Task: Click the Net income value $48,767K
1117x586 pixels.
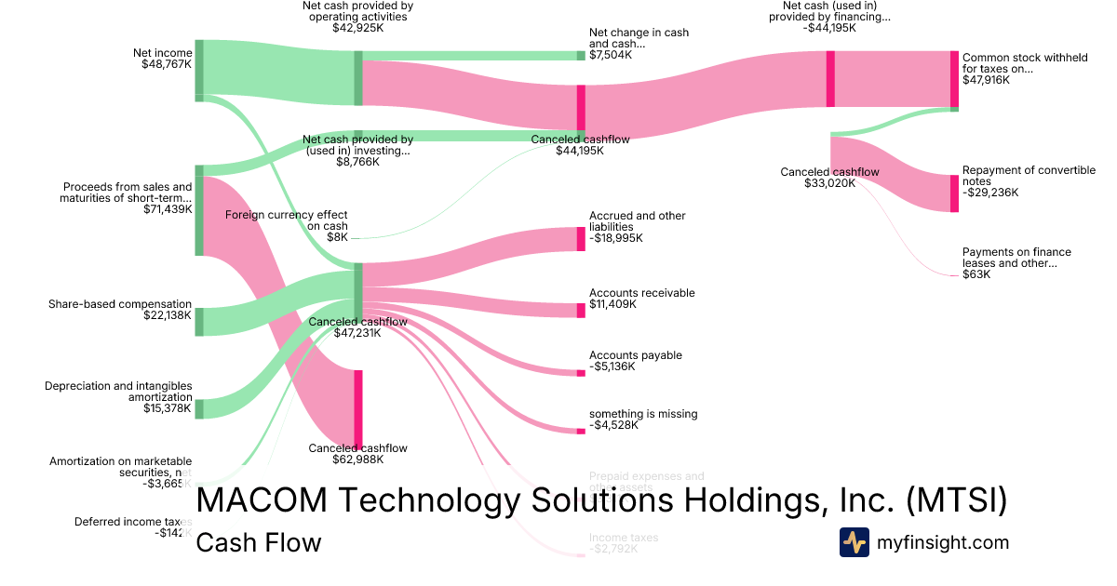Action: point(167,64)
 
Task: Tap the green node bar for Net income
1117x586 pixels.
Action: point(199,70)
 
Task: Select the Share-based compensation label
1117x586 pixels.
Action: point(120,304)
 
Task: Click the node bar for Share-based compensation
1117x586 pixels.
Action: point(199,321)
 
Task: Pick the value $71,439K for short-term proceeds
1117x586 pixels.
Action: point(167,209)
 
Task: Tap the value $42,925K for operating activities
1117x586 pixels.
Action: point(357,28)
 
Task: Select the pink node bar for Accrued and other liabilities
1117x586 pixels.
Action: point(581,239)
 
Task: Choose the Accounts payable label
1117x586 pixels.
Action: point(636,355)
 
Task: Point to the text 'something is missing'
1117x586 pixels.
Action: point(643,414)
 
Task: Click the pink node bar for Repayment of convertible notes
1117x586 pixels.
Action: point(954,193)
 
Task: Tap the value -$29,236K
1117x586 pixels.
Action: point(990,193)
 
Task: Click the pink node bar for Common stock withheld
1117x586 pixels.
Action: point(954,79)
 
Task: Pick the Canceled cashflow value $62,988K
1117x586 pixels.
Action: point(357,459)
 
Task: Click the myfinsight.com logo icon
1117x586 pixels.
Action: point(854,542)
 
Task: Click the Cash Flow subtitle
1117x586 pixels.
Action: point(258,542)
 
